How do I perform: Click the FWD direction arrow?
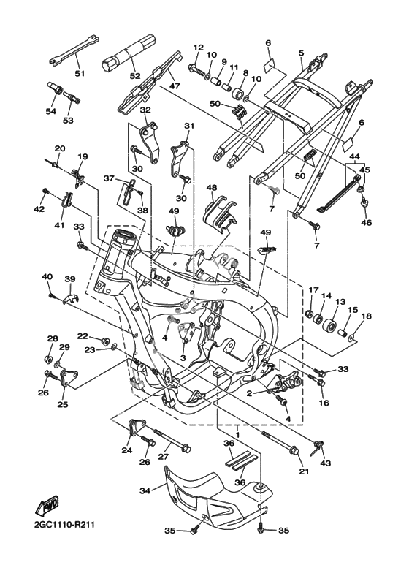pos(46,507)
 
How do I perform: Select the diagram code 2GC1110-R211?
pos(62,524)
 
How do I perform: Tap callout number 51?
pos(80,74)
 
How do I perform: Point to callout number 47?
pos(175,86)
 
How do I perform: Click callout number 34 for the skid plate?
pos(145,490)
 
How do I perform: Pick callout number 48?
pos(212,187)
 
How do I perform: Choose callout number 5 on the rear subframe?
pos(302,53)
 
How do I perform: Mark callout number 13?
pos(340,302)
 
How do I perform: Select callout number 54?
pos(51,111)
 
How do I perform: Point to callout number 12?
pos(198,48)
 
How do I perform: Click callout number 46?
pos(366,222)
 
